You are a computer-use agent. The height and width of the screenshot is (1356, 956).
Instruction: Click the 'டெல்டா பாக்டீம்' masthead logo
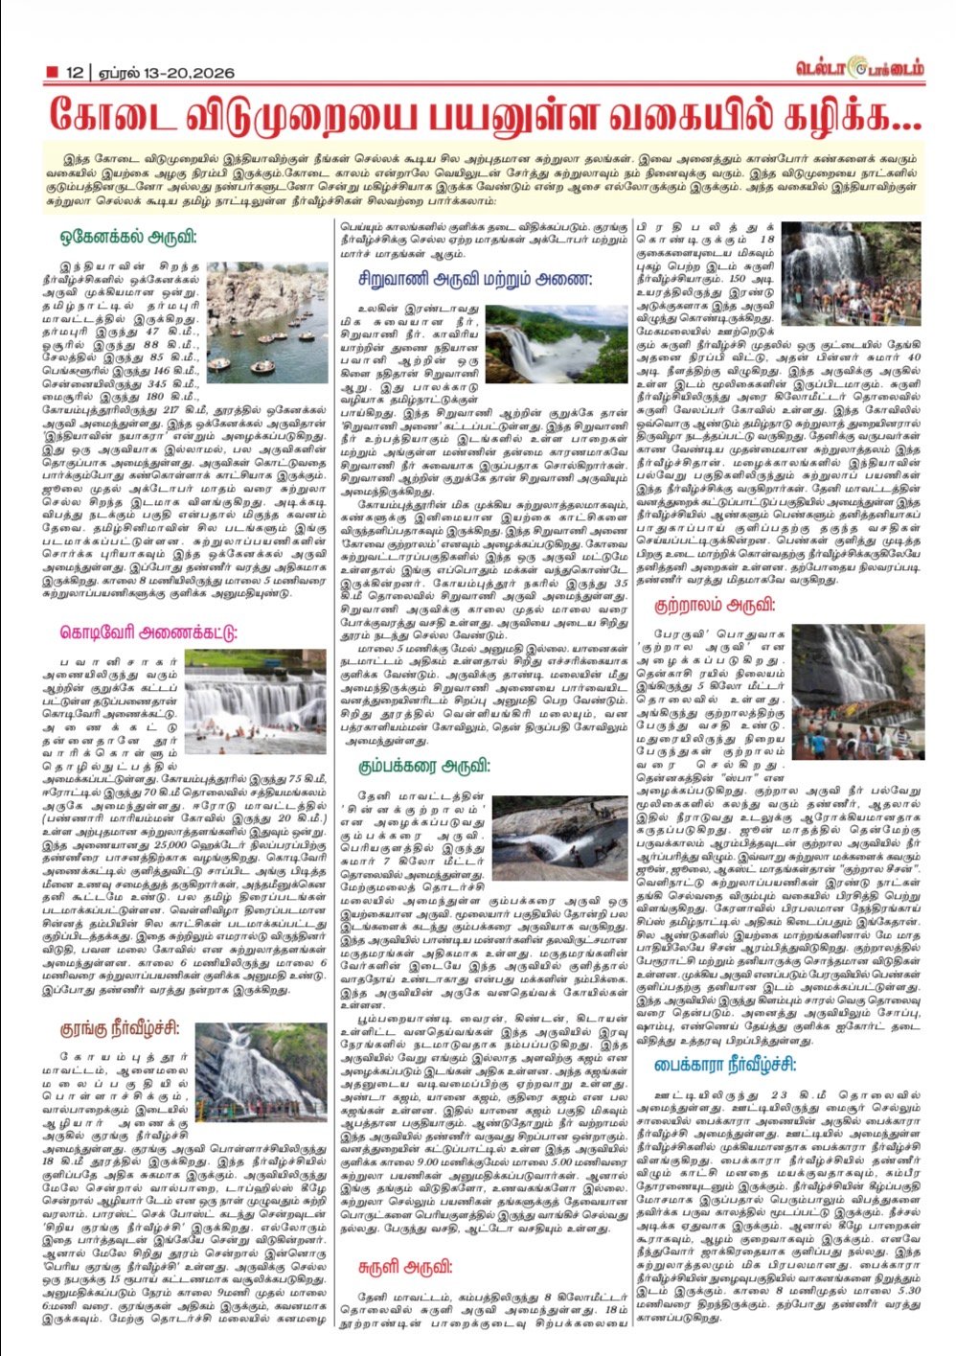[x=859, y=69]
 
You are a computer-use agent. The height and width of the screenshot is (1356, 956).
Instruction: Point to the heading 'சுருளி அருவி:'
[x=405, y=1266]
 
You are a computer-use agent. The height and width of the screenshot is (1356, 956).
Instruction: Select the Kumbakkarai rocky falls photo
[x=559, y=839]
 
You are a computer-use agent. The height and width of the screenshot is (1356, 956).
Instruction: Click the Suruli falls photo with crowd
[x=852, y=274]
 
